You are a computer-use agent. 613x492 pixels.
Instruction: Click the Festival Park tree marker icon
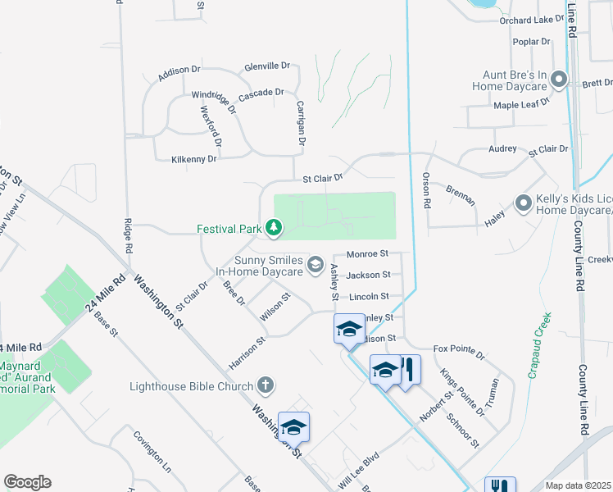(x=274, y=228)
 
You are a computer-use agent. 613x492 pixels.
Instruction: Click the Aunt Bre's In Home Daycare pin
(x=560, y=80)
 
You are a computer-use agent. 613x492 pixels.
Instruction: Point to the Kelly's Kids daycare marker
(x=522, y=202)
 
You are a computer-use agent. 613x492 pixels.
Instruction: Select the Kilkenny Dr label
(x=194, y=158)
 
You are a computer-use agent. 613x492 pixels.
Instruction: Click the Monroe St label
(x=367, y=255)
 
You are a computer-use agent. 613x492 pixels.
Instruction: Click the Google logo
(x=27, y=482)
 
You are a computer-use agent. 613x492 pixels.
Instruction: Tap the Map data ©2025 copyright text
(x=578, y=485)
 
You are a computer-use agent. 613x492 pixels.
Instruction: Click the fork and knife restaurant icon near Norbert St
(x=407, y=369)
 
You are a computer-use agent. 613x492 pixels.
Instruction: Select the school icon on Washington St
(x=293, y=427)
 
